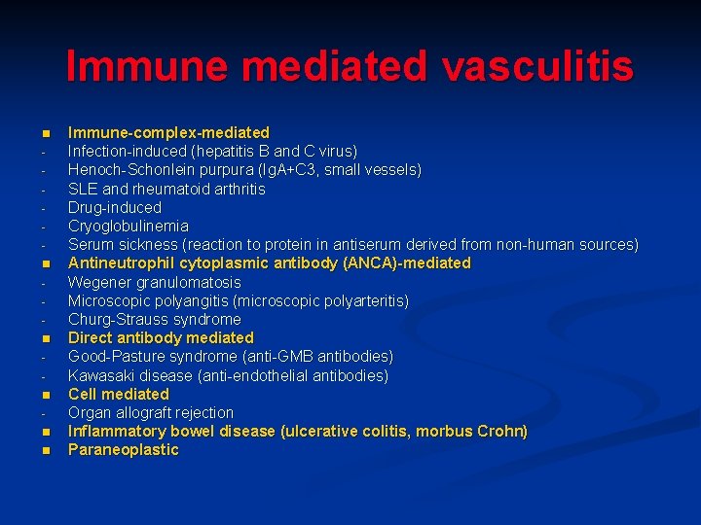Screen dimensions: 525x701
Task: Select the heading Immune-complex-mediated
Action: (168, 132)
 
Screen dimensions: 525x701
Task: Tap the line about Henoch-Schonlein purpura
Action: (243, 170)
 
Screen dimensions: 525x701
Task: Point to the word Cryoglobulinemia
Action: (128, 226)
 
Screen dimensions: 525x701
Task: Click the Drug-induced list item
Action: (114, 207)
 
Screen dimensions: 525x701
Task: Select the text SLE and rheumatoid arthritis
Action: (166, 189)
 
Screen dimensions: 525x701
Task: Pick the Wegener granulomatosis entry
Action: (154, 282)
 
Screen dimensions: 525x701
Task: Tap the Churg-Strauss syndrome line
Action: (154, 320)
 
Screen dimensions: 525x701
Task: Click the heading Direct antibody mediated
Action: (161, 338)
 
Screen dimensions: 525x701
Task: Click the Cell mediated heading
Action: (118, 394)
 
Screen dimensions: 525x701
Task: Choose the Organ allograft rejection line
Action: (150, 412)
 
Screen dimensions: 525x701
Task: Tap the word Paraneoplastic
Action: (123, 450)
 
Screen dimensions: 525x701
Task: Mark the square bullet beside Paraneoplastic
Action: (44, 450)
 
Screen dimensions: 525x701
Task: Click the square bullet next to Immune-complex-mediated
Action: (44, 132)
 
